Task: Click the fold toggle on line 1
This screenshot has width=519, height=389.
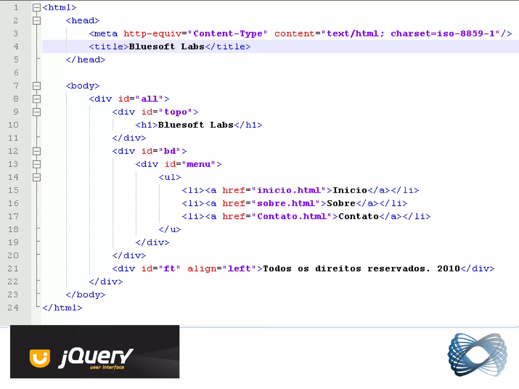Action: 36,8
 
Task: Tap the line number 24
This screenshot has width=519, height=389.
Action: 13,308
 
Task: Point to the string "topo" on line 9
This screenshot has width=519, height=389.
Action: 176,112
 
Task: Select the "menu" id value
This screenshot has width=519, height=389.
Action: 198,164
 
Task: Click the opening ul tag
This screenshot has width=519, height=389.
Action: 170,177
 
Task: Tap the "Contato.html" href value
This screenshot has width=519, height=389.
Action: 294,217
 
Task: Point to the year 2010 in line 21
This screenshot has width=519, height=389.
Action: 448,269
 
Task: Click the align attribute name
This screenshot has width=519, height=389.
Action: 202,269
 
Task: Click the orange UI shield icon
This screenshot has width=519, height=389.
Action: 40,358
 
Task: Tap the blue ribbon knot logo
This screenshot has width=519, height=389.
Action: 477,355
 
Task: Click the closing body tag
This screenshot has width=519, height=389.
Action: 85,295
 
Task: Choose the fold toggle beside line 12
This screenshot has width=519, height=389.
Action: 36,151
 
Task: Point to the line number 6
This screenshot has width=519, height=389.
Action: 16,73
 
